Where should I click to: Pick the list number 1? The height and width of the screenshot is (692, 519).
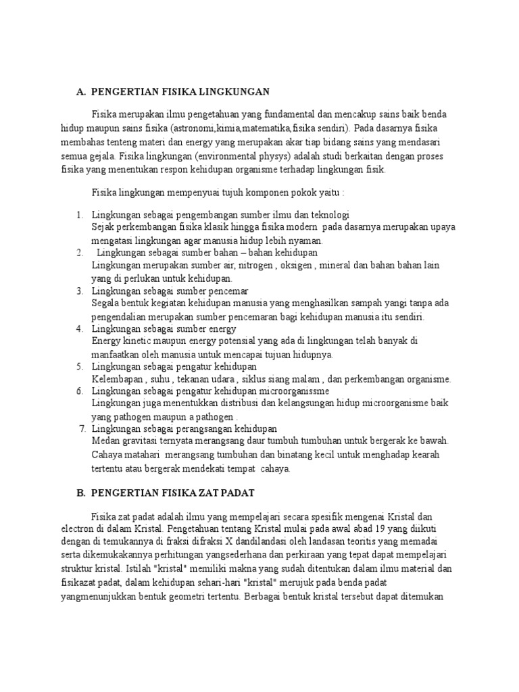click(79, 215)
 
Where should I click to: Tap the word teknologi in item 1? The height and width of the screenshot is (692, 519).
click(327, 215)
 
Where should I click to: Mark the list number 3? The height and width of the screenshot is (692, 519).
click(79, 291)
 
